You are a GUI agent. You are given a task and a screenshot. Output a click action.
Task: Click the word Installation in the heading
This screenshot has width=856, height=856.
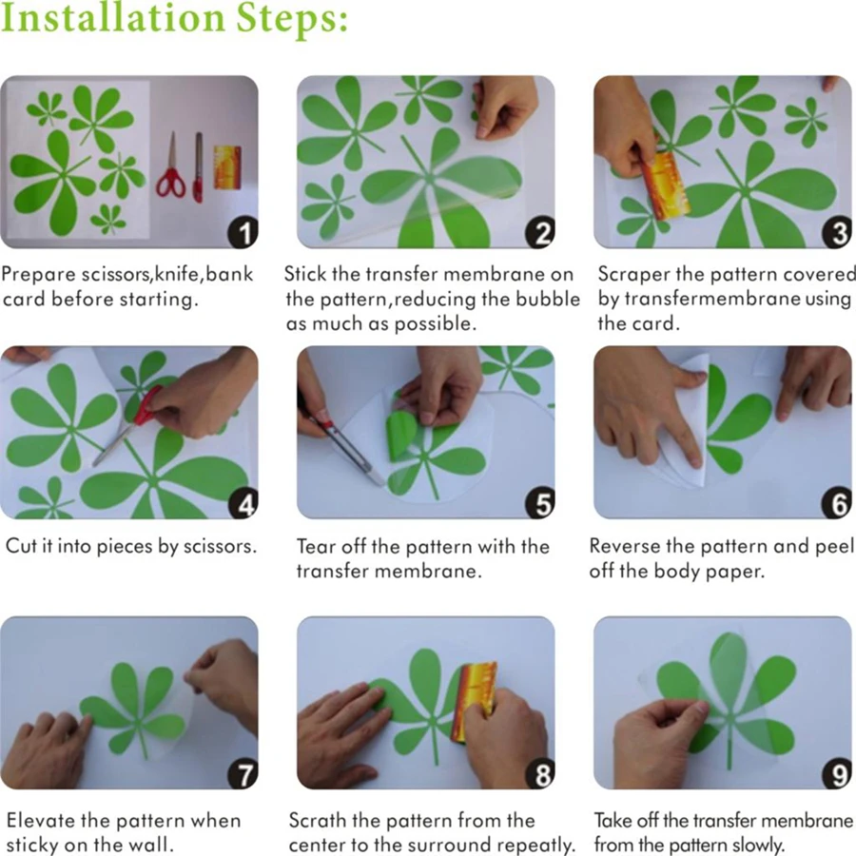(112, 18)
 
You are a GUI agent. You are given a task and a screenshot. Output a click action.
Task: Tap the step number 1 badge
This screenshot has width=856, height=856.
(243, 233)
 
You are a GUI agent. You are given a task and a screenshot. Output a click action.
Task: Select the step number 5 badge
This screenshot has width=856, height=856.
(540, 503)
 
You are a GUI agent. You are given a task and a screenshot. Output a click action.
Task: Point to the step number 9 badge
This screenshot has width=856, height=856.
(837, 774)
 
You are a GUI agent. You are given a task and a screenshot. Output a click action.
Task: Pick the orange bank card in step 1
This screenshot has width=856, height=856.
(227, 167)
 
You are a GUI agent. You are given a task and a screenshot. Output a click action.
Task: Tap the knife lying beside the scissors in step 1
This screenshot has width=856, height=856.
(198, 167)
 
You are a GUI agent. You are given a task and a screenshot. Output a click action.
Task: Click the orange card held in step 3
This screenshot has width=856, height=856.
(665, 185)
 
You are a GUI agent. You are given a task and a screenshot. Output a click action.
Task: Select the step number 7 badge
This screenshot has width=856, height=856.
(243, 774)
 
